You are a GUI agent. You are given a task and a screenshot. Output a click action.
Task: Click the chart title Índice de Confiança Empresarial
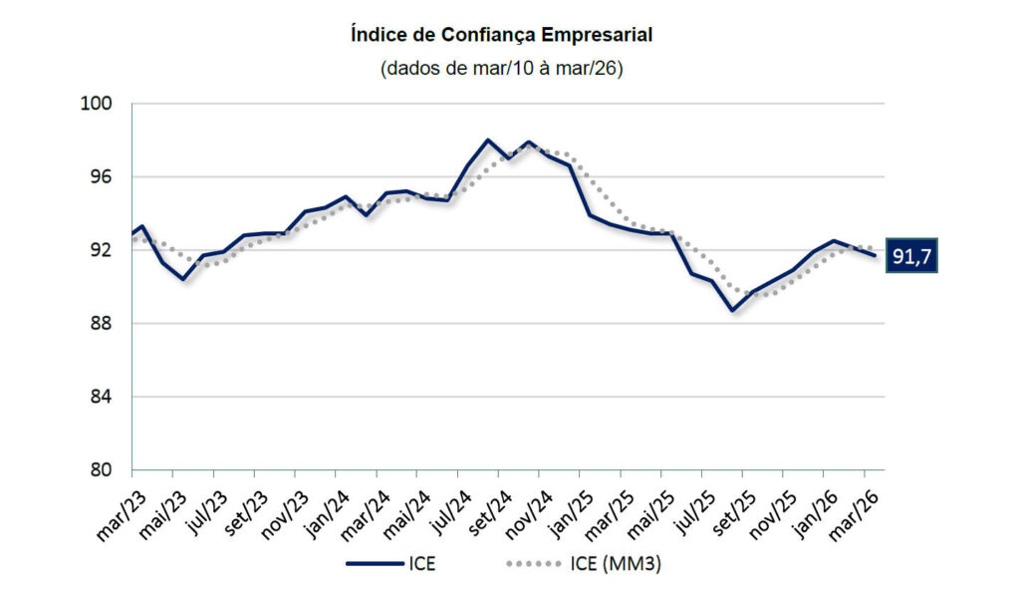point(502,35)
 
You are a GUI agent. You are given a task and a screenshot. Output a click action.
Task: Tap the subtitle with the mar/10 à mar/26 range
point(502,69)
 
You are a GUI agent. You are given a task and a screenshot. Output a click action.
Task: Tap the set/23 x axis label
point(243,510)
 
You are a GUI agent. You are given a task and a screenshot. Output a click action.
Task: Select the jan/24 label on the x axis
point(325,510)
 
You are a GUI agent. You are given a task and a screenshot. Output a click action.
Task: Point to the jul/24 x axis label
point(450,509)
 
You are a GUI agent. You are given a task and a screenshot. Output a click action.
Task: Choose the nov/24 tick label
point(532,511)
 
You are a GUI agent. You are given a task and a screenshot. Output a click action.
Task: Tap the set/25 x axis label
point(738,510)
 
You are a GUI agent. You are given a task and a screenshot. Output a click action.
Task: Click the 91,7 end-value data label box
point(912,256)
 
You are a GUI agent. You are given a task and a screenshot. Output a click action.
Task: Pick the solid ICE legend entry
point(390,564)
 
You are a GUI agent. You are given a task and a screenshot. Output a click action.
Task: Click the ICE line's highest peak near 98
point(488,141)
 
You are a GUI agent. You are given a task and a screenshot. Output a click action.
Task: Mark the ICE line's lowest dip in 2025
point(732,310)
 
